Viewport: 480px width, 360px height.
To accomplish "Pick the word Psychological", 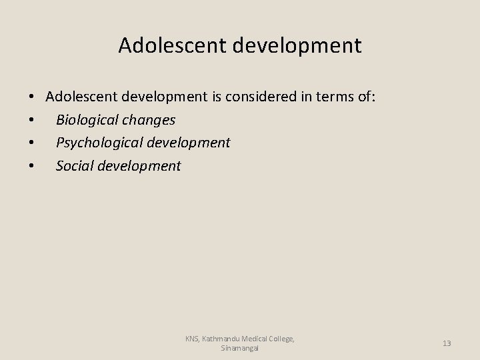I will pyautogui.click(x=98, y=143).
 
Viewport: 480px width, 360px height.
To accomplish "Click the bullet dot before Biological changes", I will pyautogui.click(x=32, y=121).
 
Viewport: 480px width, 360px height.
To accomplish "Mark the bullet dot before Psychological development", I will pyautogui.click(x=32, y=143).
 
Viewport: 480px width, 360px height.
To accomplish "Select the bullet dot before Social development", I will pyautogui.click(x=32, y=166).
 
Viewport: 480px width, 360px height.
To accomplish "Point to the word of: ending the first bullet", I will pyautogui.click(x=366, y=97).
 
